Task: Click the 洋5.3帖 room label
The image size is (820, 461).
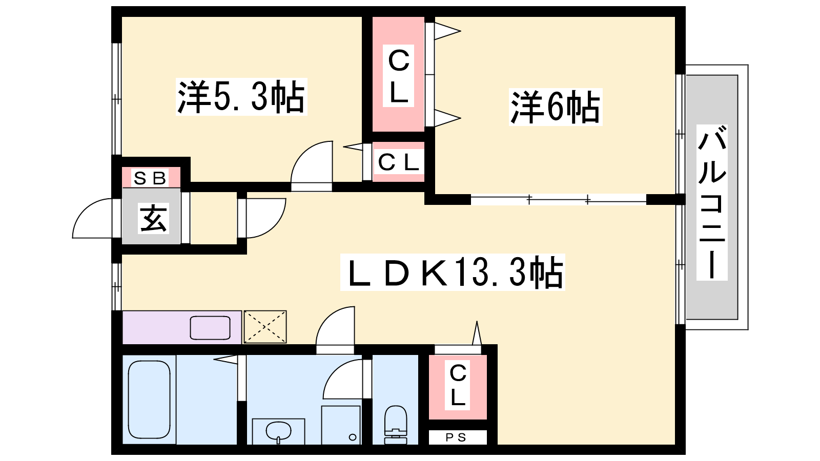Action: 241,97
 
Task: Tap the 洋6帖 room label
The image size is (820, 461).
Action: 556,107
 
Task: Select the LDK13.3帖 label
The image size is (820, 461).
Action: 453,272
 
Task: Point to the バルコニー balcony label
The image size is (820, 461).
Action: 712,202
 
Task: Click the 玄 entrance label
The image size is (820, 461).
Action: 153,218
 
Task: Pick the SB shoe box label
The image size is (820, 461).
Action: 150,178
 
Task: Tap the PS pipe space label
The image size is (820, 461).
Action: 456,437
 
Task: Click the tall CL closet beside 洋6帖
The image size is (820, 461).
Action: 398,74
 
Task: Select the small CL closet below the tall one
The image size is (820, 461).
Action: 398,162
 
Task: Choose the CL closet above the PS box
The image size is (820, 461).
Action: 458,387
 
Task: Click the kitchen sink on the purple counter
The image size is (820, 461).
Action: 210,328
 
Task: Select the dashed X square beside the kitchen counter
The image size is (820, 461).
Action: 265,327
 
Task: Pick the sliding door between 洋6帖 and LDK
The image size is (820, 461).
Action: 558,199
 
